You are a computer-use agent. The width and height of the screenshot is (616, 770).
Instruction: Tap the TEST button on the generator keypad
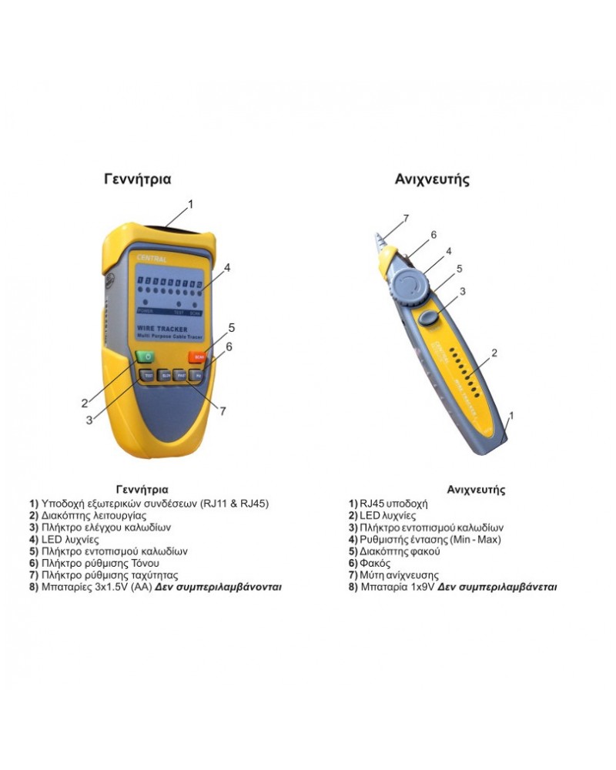pyautogui.click(x=147, y=376)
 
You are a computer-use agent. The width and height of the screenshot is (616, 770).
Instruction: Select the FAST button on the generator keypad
pyautogui.click(x=181, y=376)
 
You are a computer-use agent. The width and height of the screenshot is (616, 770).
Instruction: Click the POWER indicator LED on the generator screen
pyautogui.click(x=146, y=303)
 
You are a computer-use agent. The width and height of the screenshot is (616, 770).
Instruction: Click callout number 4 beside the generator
pyautogui.click(x=227, y=268)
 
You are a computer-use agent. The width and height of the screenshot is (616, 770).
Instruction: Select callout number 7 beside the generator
pyautogui.click(x=223, y=411)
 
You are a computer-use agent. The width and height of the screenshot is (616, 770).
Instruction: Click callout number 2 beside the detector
pyautogui.click(x=494, y=353)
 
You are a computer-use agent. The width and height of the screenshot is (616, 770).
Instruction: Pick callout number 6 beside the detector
pyautogui.click(x=434, y=234)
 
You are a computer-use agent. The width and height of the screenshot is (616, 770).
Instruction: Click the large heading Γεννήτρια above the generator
pyautogui.click(x=138, y=179)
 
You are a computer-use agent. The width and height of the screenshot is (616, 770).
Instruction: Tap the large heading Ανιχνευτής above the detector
pyautogui.click(x=432, y=179)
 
